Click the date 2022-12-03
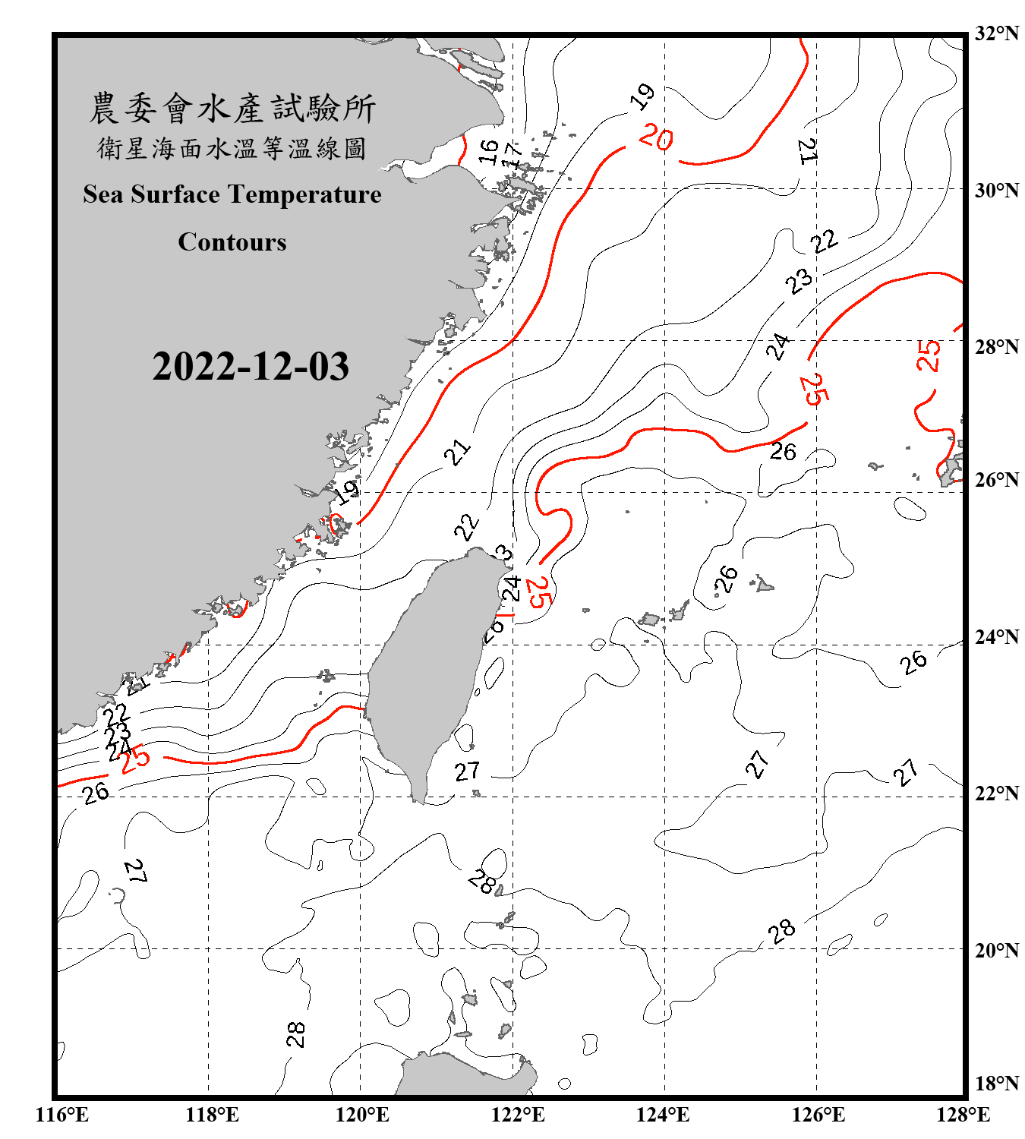pos(251,367)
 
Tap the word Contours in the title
pos(232,242)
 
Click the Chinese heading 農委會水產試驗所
pos(232,109)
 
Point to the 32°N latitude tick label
pos(996,33)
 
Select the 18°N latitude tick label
pos(996,1083)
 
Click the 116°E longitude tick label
pos(61,1115)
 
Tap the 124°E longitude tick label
pos(663,1115)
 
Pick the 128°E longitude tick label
pos(963,1115)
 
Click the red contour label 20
pos(656,137)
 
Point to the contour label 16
pos(489,152)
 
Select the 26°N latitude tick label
pos(996,480)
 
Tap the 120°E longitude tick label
pos(362,1115)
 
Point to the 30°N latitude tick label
pos(996,190)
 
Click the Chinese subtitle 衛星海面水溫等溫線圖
pos(232,149)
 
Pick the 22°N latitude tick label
pos(996,794)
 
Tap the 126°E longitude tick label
pos(818,1115)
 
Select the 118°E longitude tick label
pos(212,1115)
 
